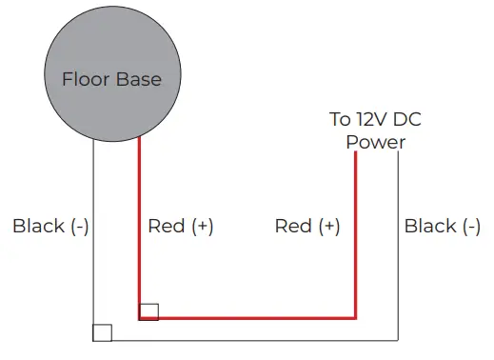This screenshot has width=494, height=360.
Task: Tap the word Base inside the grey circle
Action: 138,79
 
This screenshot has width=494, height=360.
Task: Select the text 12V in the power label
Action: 369,119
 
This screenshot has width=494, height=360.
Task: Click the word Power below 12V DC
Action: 375,143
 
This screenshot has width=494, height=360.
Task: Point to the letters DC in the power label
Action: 406,119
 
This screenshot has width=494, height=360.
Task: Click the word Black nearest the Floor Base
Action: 38,226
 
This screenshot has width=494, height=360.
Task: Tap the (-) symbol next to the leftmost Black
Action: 78,226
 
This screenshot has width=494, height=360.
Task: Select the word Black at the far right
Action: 430,226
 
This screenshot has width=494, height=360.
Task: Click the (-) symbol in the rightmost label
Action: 470,226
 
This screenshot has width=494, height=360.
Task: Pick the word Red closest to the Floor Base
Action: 166,226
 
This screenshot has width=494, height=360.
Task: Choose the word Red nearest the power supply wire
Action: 292,226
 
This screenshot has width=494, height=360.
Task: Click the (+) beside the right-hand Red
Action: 328,226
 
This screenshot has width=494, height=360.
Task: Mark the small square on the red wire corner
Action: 148,311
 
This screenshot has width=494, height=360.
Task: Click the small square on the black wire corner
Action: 102,332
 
